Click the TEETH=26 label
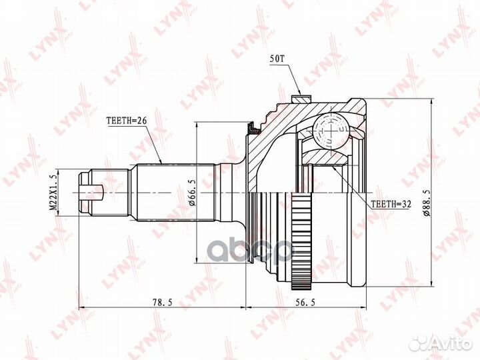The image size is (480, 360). [x=126, y=121]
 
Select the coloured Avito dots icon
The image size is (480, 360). [x=418, y=343]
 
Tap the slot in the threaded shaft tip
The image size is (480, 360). [x=93, y=194]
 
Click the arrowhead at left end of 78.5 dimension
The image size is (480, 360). [x=82, y=309]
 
